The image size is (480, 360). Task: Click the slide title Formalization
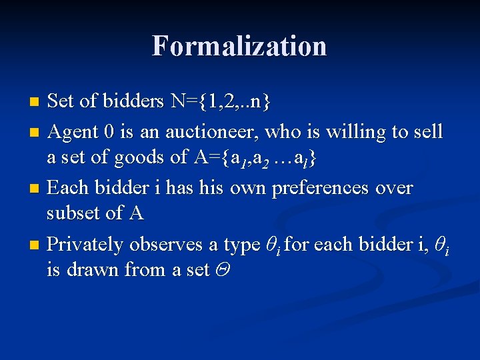(x=239, y=46)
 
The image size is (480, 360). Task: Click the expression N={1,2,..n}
(x=220, y=101)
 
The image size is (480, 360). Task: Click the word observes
(x=167, y=245)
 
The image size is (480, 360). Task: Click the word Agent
(x=74, y=132)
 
